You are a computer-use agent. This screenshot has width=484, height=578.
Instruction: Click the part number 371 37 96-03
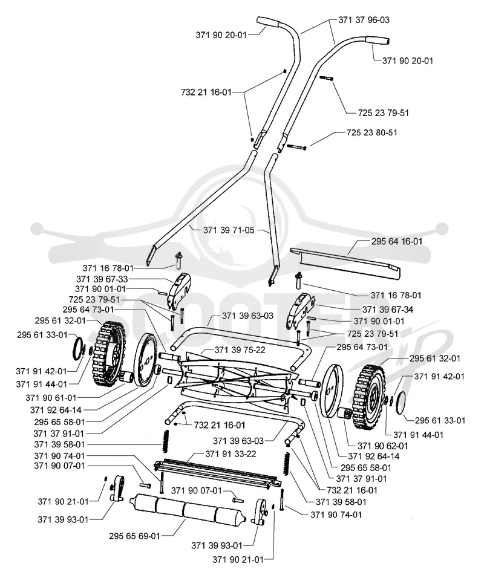pos(364,20)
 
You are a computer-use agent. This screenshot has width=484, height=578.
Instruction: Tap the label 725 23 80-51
pos(372,132)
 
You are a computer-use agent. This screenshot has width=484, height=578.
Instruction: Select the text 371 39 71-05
pos(229,230)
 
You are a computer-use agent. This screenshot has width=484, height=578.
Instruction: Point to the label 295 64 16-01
pos(396,241)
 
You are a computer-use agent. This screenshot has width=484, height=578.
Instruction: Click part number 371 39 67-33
pos(102,279)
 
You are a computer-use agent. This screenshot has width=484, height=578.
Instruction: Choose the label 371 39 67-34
pos(388,310)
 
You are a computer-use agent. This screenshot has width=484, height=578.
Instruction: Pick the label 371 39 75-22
pos(240,349)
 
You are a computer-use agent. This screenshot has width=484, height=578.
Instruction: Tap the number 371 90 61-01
pos(51,398)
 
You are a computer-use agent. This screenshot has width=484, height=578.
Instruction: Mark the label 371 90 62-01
pos(383,446)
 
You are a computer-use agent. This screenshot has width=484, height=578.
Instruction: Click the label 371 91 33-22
pos(231,454)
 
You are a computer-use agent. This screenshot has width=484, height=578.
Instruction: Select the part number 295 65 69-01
pos(134,536)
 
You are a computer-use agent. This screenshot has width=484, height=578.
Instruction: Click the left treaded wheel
pos(108,351)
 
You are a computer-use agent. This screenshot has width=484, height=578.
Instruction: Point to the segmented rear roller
pos(187,510)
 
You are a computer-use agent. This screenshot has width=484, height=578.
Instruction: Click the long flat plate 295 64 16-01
pos(345,263)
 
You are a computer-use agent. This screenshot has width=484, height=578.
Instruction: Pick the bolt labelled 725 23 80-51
pos(296,147)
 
